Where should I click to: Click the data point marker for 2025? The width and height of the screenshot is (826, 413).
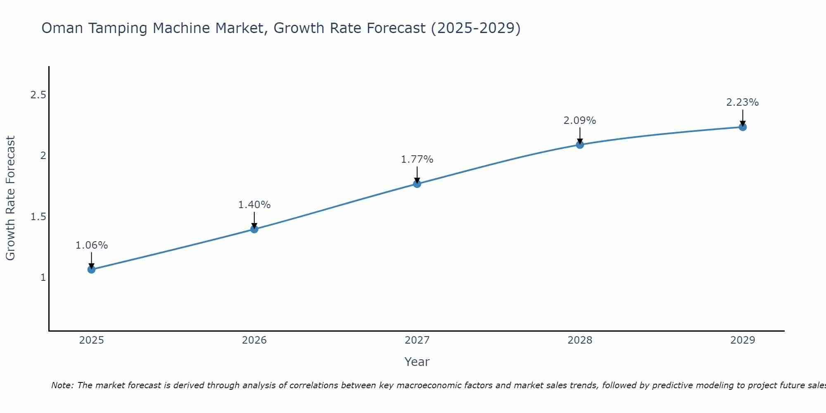pyautogui.click(x=91, y=270)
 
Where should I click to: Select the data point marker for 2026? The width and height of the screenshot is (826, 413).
pyautogui.click(x=254, y=229)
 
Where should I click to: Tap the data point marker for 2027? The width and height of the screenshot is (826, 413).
pyautogui.click(x=417, y=184)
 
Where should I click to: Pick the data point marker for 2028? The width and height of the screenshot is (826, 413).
pyautogui.click(x=580, y=145)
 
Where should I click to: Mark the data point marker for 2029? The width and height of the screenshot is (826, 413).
pyautogui.click(x=743, y=127)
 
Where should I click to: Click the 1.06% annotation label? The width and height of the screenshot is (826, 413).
pyautogui.click(x=91, y=245)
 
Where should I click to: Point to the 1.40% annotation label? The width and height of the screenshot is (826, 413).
pyautogui.click(x=254, y=205)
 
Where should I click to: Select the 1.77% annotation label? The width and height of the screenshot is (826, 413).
pyautogui.click(x=417, y=159)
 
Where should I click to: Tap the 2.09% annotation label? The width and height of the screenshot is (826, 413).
pyautogui.click(x=580, y=121)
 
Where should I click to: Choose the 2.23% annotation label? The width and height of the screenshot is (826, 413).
pyautogui.click(x=743, y=102)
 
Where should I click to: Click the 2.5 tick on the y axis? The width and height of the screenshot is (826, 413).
pyautogui.click(x=38, y=95)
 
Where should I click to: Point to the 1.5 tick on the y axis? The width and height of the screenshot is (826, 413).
pyautogui.click(x=38, y=217)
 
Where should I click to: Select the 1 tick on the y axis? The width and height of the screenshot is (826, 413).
pyautogui.click(x=43, y=278)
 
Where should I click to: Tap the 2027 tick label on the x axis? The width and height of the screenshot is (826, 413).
pyautogui.click(x=417, y=340)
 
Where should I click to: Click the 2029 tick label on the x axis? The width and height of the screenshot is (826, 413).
pyautogui.click(x=743, y=340)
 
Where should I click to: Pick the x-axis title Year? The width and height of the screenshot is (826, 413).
pyautogui.click(x=417, y=362)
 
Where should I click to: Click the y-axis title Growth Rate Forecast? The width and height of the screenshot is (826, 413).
pyautogui.click(x=10, y=198)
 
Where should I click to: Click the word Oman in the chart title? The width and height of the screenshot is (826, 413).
pyautogui.click(x=62, y=28)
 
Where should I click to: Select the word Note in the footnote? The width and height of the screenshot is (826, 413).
pyautogui.click(x=62, y=386)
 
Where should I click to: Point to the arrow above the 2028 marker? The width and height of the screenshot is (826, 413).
pyautogui.click(x=580, y=135)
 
